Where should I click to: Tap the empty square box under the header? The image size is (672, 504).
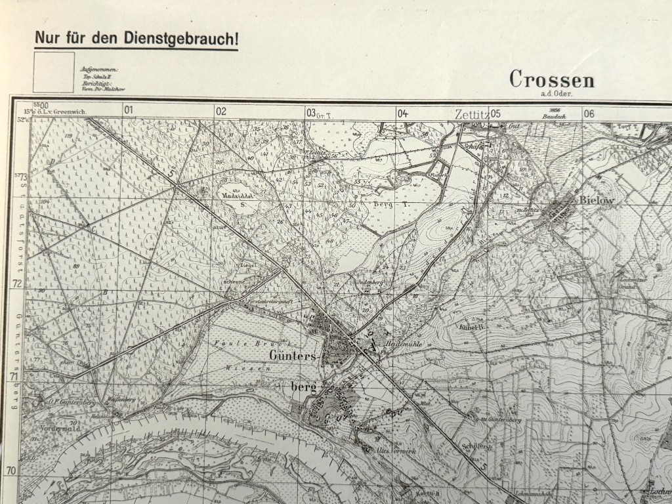point(54,72)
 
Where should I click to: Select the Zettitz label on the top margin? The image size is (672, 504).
point(471,114)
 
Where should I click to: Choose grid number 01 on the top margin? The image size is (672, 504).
point(128,111)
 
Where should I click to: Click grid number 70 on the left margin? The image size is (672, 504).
point(10,471)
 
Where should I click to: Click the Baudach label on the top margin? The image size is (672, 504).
point(554,117)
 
